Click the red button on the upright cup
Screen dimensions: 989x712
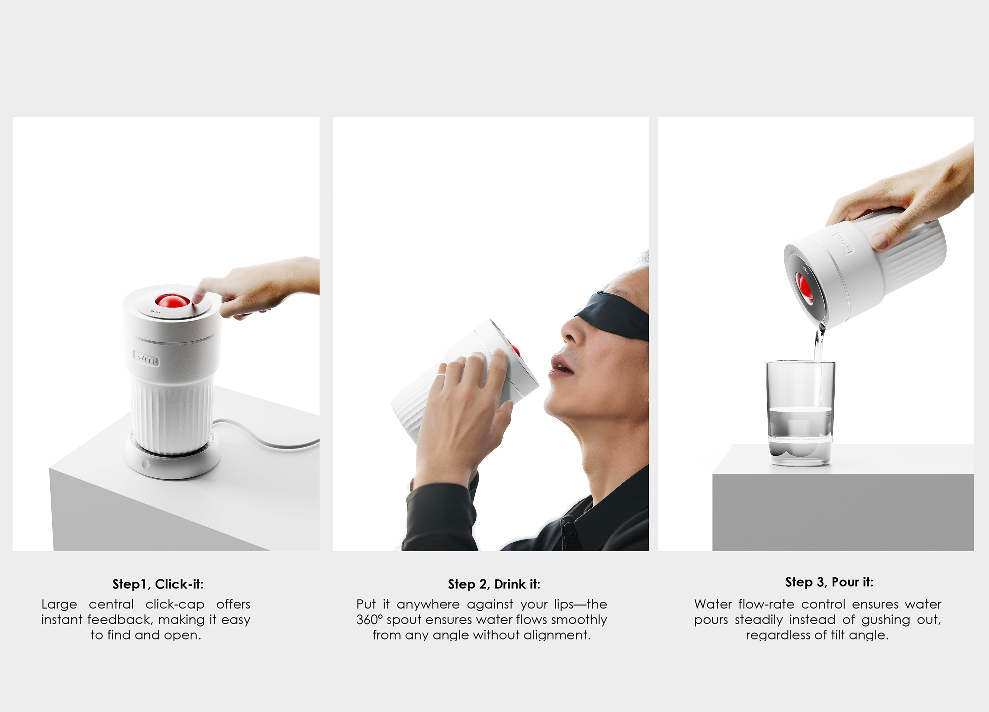point(172,300)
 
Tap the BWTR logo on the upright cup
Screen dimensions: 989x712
point(146,358)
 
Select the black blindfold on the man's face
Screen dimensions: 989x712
point(615,315)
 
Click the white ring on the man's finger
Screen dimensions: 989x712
point(440,374)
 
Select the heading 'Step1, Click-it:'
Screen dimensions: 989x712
point(158,584)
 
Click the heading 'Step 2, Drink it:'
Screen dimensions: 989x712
point(494,584)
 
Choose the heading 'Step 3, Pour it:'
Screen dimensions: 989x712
point(829,582)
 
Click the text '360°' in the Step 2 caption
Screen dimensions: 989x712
point(369,620)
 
